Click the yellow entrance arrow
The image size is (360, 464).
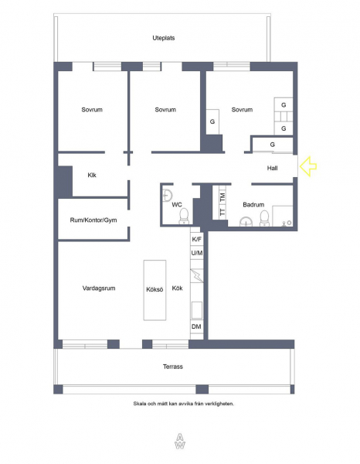click(308, 166)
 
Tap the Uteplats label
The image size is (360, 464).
click(164, 38)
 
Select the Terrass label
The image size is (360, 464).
click(173, 367)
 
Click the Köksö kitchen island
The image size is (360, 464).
click(155, 290)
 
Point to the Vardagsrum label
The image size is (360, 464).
click(99, 288)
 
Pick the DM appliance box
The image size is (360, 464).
click(196, 326)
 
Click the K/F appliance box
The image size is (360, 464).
click(196, 239)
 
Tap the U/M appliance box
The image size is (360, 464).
click(196, 253)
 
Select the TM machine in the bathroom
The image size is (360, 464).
click(222, 196)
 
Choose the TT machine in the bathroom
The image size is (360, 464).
click(222, 212)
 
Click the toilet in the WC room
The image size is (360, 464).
click(184, 216)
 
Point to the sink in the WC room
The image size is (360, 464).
click(168, 196)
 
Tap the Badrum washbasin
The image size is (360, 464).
click(246, 222)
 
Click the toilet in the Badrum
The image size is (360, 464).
click(264, 218)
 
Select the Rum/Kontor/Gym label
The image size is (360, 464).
click(93, 220)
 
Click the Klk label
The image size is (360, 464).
click(92, 176)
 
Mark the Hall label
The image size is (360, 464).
click(272, 168)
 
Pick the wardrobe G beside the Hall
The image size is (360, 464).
click(272, 145)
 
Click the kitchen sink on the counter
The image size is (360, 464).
click(197, 310)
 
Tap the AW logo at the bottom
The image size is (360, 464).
click(180, 442)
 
